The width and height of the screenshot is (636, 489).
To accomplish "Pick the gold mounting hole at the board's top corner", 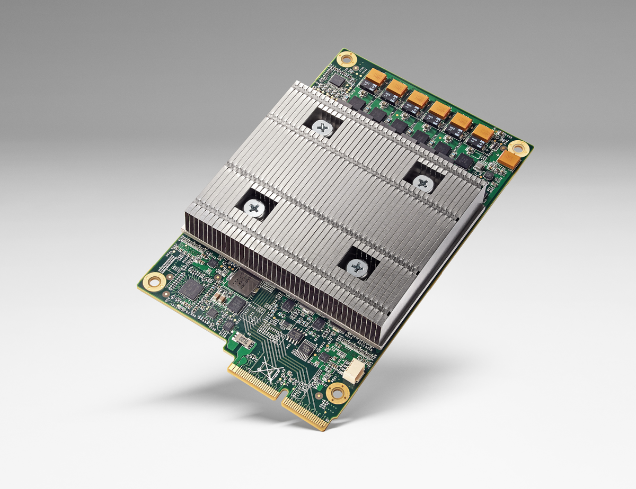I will (x=347, y=58).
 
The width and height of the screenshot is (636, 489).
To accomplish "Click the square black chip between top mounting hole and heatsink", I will (x=337, y=80).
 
